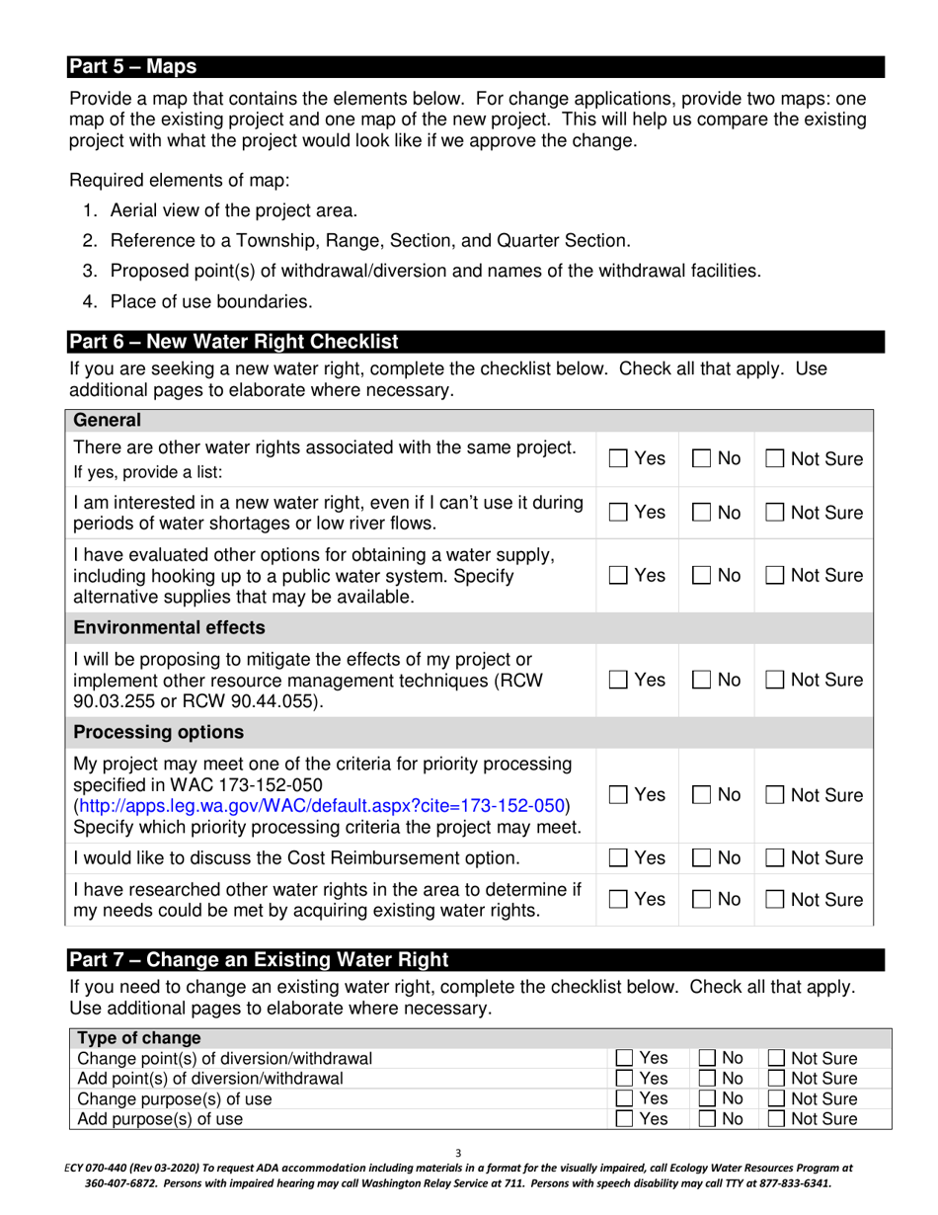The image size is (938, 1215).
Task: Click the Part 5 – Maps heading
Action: pos(132,67)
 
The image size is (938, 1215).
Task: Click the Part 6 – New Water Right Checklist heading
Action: pos(234,342)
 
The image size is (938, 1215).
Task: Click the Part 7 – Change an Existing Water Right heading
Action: pos(258,959)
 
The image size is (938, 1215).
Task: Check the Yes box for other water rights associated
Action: pos(618,459)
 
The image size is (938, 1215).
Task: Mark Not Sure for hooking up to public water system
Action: pos(776,576)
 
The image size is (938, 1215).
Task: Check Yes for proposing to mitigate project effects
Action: pos(618,681)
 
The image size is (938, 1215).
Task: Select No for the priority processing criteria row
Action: pos(701,795)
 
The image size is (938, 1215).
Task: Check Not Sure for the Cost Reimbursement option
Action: pos(776,858)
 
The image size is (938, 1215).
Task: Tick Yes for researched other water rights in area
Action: pos(618,900)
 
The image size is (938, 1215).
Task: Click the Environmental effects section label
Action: pos(169,627)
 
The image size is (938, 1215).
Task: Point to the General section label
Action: pos(108,421)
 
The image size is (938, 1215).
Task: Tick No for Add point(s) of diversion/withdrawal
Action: pos(708,1079)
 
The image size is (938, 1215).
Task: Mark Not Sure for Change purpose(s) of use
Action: pos(777,1099)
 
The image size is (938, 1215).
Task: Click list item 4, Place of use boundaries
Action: pos(211,300)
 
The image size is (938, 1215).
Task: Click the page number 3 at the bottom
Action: pos(458,1153)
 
